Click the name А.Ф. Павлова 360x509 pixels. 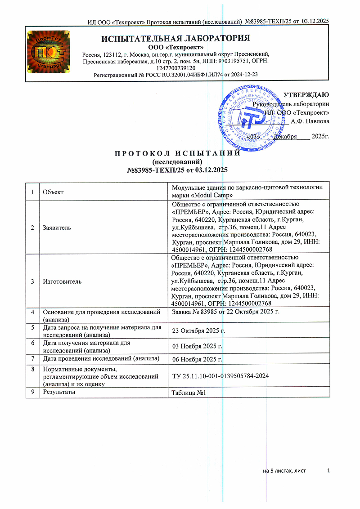[310, 121]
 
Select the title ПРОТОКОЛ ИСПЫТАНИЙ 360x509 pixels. [175, 153]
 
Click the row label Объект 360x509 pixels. [53, 192]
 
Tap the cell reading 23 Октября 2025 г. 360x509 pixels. [198, 331]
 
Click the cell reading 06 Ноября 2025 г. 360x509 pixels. [198, 359]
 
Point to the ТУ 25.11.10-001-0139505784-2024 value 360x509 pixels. [221, 375]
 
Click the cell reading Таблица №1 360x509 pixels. [189, 393]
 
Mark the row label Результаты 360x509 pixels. [58, 392]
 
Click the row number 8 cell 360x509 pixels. [32, 369]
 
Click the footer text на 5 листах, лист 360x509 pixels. [284, 471]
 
